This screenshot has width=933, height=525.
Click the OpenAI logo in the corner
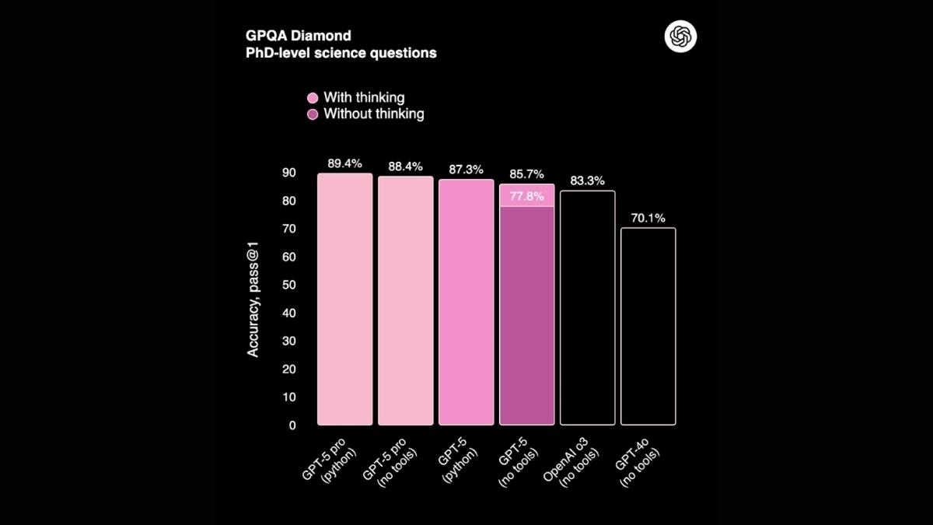(x=681, y=37)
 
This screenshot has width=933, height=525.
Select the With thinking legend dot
(x=313, y=98)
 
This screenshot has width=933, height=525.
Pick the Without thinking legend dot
(x=313, y=114)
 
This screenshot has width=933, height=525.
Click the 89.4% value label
(x=344, y=164)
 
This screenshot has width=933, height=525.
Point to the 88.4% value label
(x=405, y=166)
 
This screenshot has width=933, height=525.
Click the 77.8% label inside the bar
(x=526, y=196)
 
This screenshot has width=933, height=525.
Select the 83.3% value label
(x=587, y=180)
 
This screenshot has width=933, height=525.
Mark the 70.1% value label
(x=648, y=218)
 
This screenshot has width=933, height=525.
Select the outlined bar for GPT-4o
(x=648, y=327)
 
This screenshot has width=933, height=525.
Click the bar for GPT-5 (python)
(x=466, y=303)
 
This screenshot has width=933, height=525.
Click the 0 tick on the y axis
(x=292, y=425)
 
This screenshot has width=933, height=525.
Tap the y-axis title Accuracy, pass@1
(x=253, y=299)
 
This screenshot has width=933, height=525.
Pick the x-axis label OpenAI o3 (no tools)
(x=573, y=465)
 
